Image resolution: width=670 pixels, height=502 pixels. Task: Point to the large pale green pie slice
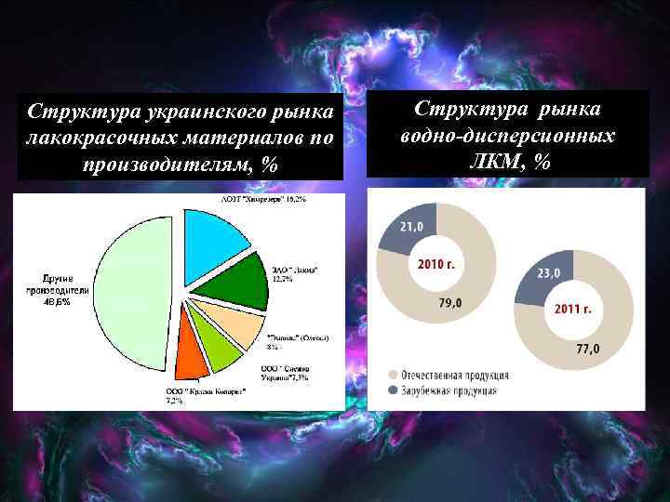tap(130, 297)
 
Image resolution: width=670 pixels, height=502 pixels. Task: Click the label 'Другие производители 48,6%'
tap(64, 290)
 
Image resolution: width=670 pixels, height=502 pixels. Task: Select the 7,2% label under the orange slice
tap(174, 400)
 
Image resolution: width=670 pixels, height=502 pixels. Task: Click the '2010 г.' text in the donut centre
tap(436, 264)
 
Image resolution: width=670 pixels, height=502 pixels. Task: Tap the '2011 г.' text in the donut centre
tap(573, 307)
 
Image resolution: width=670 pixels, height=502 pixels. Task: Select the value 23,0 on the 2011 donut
tap(549, 274)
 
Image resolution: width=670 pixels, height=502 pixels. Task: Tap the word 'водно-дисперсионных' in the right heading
tap(507, 136)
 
